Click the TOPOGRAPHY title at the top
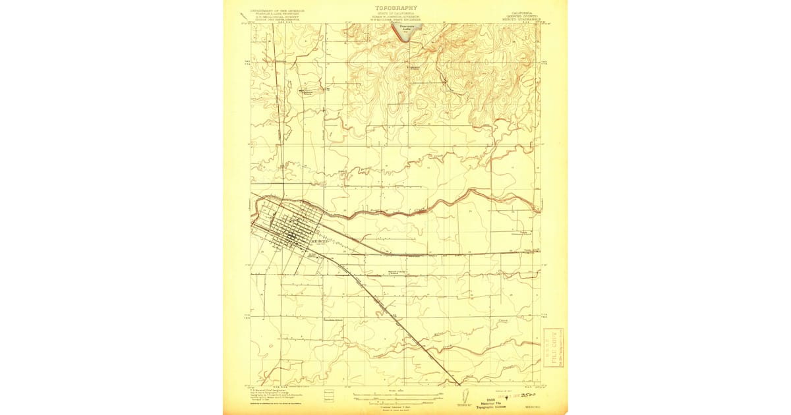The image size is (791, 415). pyautogui.click(x=395, y=7)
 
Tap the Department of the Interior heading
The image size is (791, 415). pyautogui.click(x=275, y=11)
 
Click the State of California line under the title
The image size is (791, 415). pyautogui.click(x=395, y=13)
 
